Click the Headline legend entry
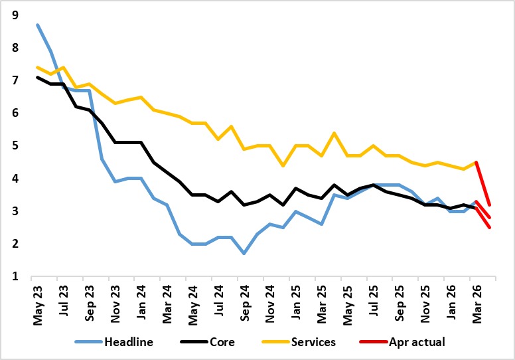114,342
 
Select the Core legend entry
208,342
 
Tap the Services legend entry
299,342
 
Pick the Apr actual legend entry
402,342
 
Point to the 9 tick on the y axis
15,15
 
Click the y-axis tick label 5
15,145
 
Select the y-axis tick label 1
15,276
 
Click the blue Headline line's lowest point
244,254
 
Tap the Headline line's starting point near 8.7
38,25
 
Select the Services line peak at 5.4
334,133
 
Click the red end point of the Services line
489,205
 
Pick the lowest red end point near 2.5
489,228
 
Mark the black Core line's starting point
38,77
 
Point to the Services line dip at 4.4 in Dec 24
283,165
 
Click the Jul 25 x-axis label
374,301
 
